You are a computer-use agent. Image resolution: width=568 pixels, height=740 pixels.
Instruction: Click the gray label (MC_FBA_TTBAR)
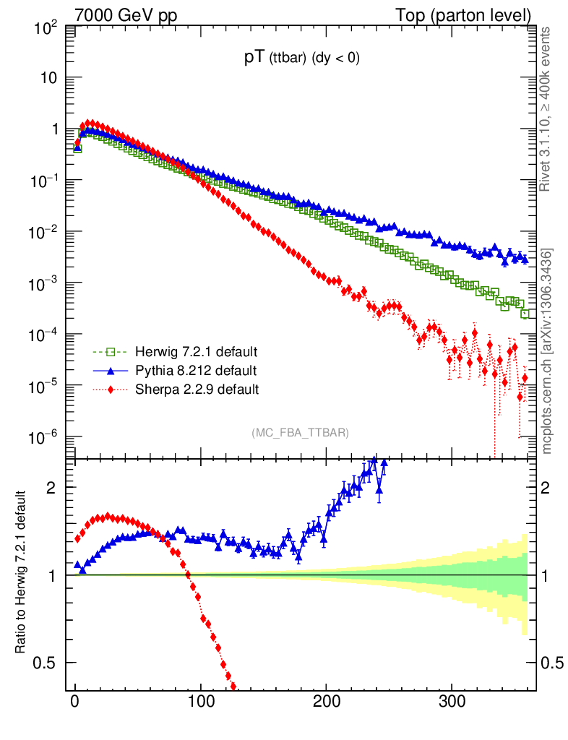pyautogui.click(x=301, y=433)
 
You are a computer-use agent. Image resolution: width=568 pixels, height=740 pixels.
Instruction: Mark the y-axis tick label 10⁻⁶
pyautogui.click(x=44, y=438)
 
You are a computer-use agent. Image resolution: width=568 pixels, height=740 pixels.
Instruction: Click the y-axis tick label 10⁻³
pyautogui.click(x=44, y=284)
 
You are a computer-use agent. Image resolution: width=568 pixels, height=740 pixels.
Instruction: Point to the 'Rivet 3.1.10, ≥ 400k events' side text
pyautogui.click(x=546, y=108)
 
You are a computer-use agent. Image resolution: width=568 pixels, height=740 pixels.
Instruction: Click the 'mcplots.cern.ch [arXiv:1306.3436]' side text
pyautogui.click(x=547, y=350)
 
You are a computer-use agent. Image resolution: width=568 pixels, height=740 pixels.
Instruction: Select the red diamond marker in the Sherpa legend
pyautogui.click(x=111, y=390)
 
